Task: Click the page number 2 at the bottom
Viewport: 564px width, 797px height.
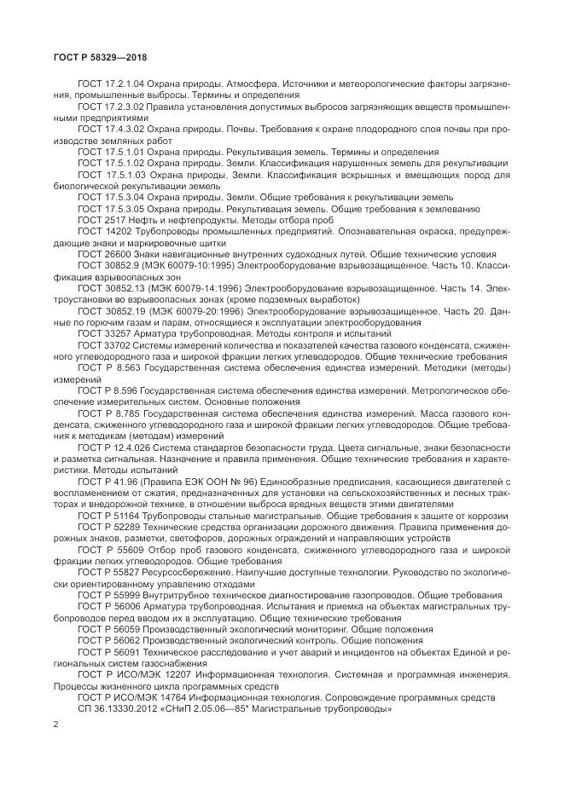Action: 55,725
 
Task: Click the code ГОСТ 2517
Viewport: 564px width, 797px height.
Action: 96,220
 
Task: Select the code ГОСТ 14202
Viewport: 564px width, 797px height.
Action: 98,229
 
